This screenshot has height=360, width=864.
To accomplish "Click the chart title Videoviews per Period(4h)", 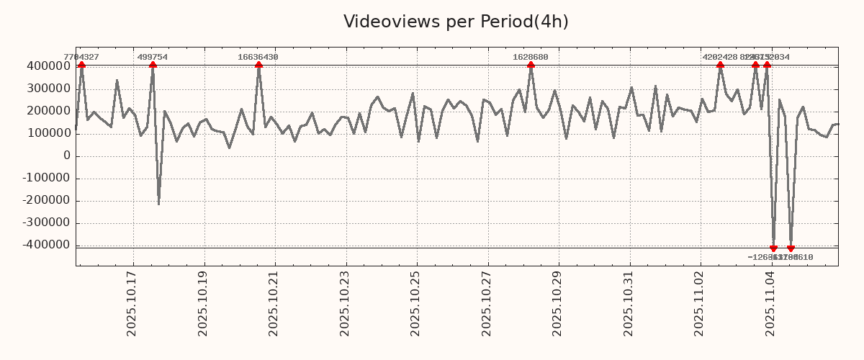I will point(456,22).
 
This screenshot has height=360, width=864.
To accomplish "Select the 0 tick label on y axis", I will point(66,156).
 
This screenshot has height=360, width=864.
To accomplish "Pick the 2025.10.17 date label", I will point(132,303).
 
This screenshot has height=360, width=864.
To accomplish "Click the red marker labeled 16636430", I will point(258,66).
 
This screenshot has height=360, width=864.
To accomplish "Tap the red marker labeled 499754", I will point(153,66).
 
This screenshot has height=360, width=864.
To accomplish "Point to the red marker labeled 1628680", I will point(531,66).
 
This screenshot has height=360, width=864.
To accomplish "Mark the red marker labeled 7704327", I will point(81,66).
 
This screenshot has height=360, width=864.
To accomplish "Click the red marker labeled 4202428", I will point(720,66).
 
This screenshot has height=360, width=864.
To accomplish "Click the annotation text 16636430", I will point(258,57).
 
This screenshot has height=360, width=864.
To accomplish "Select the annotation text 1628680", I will point(531,57).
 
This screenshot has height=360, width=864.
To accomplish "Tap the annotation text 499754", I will point(153,57).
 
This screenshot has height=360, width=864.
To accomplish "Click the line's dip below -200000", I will point(158,204).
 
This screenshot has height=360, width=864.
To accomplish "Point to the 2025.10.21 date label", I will point(274,303).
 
